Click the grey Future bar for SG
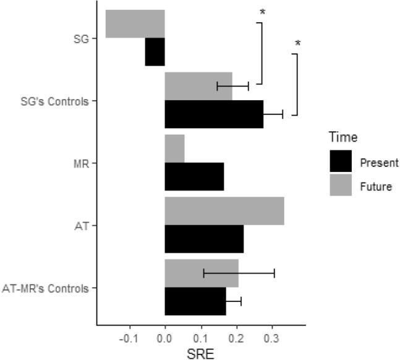click(135, 24)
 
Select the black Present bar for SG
click(155, 52)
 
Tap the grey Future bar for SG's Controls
click(198, 86)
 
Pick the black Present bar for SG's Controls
click(213, 114)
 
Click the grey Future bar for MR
click(174, 148)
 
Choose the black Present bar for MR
click(194, 177)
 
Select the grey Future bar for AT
click(224, 211)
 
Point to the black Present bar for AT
click(204, 239)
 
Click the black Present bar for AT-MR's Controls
click(195, 301)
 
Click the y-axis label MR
click(80, 163)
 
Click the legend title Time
click(343, 137)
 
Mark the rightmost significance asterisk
click(298, 44)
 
